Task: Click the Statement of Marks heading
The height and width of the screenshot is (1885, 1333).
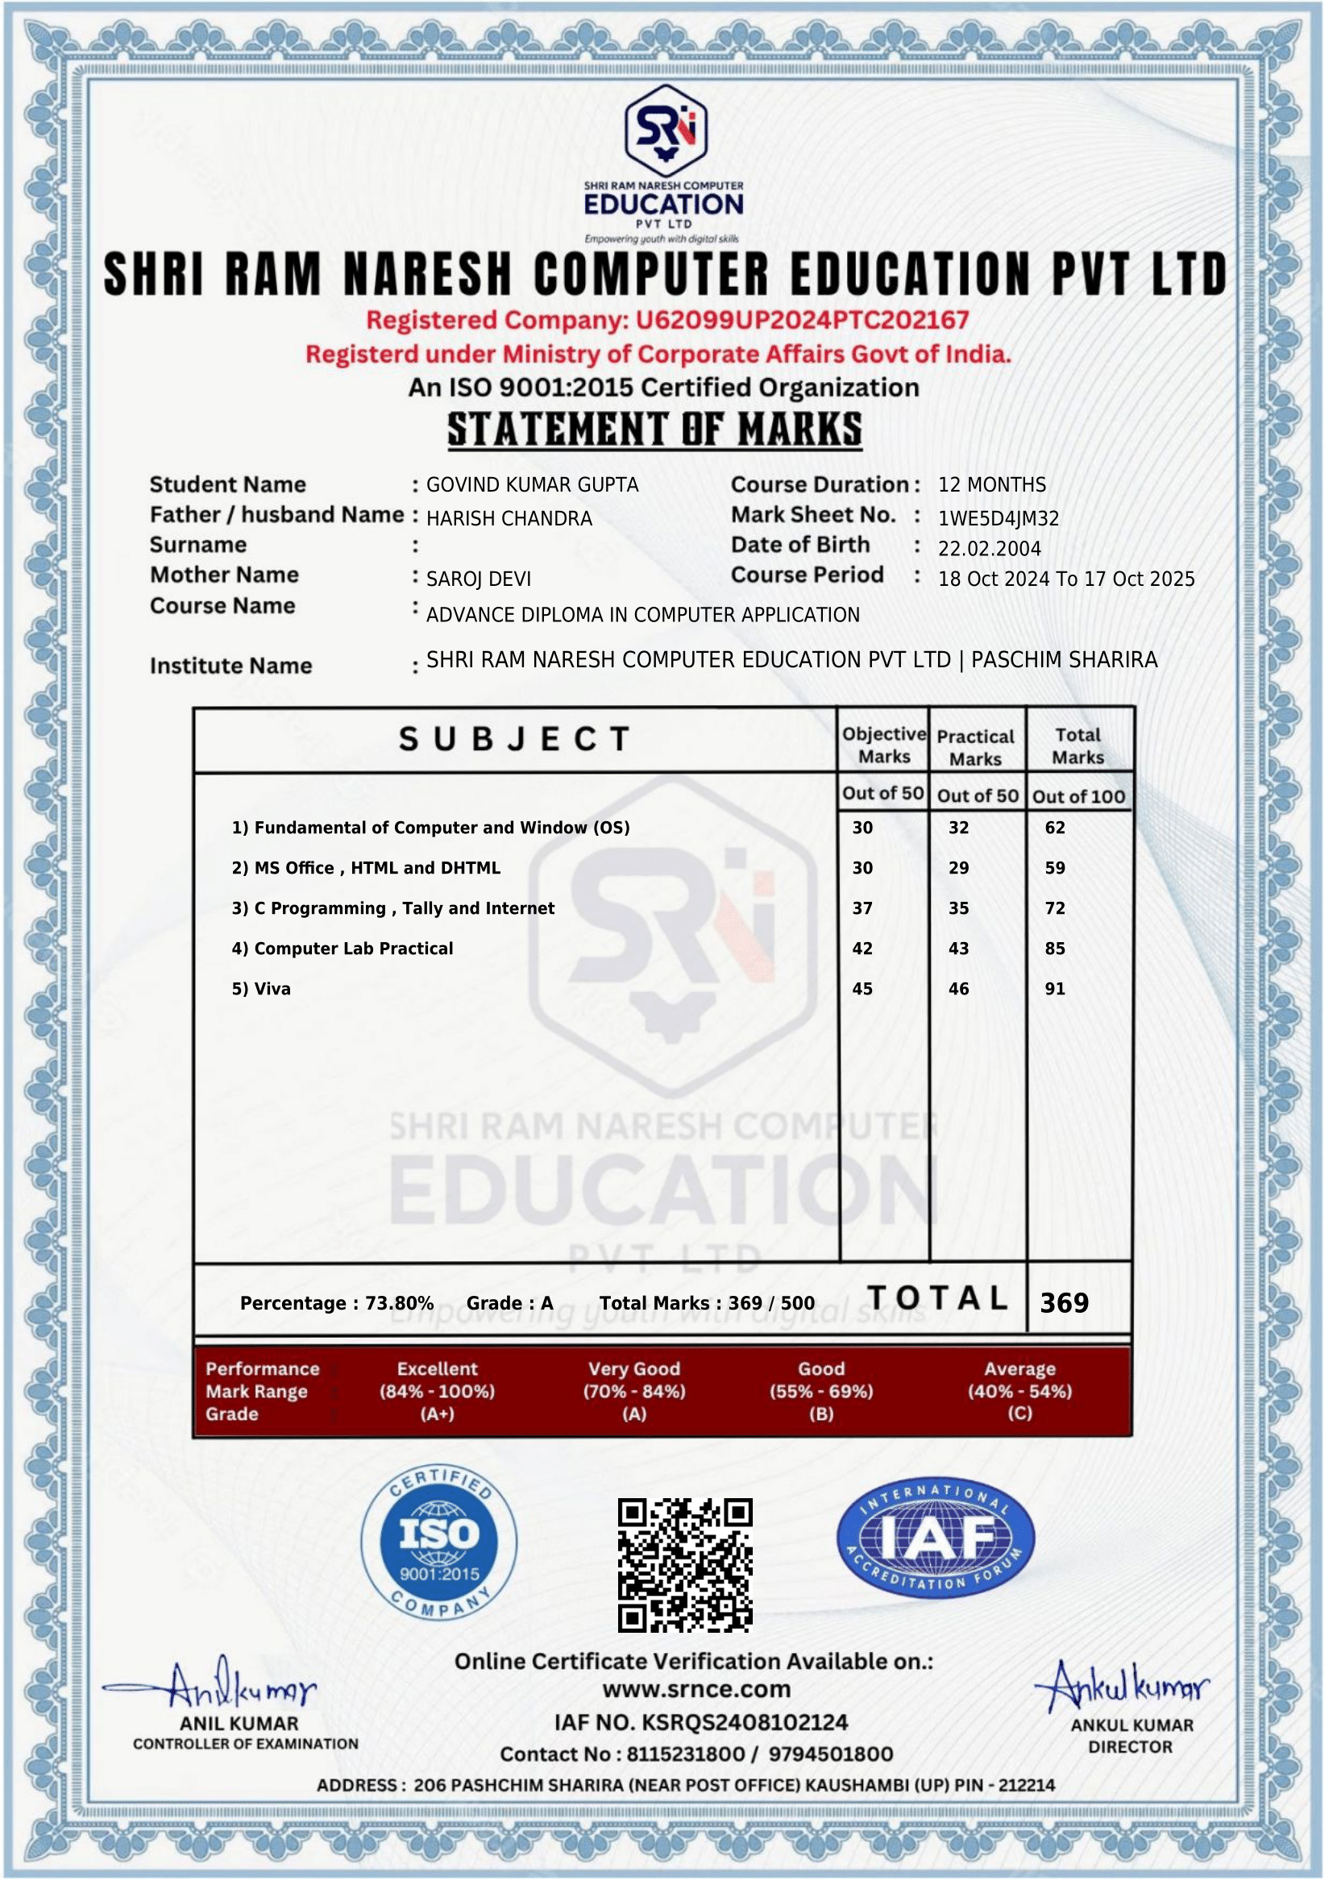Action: click(x=654, y=429)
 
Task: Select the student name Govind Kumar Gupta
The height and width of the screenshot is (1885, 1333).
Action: click(x=532, y=485)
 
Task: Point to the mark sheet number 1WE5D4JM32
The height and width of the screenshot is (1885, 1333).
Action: click(x=998, y=519)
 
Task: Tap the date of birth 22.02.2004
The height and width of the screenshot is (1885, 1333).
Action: click(x=989, y=550)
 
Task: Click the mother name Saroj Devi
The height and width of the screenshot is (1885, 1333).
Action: click(x=479, y=579)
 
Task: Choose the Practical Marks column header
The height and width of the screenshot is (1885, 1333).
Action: click(x=975, y=747)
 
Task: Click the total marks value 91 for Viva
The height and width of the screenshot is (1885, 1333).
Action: click(x=1055, y=990)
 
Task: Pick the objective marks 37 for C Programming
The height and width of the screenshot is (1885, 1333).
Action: click(x=862, y=909)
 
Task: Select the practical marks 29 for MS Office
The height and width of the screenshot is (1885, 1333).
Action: click(x=959, y=869)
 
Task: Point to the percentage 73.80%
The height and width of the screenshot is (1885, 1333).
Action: click(x=399, y=1304)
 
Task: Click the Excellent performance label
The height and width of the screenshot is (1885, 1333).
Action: click(x=437, y=1368)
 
